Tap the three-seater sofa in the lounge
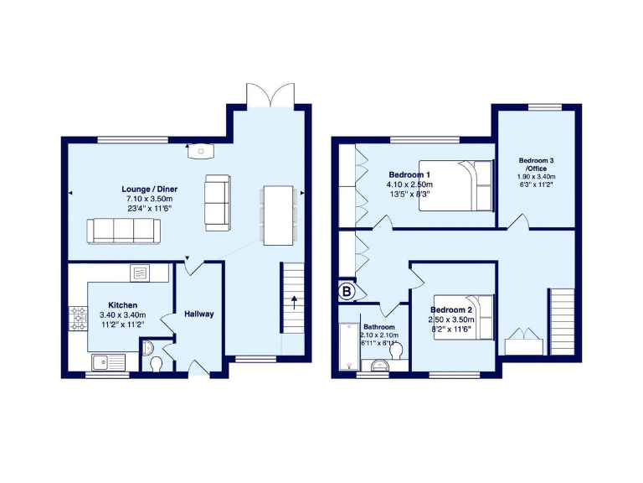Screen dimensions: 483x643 pos(121,231)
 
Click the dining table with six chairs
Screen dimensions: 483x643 pos(278,215)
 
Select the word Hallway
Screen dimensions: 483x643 pos(199,314)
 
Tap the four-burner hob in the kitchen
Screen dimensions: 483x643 pos(80,317)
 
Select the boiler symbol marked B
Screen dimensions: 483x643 pos(347,291)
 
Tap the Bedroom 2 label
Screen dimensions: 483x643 pos(453,309)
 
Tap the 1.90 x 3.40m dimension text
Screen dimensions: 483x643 pos(536,178)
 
